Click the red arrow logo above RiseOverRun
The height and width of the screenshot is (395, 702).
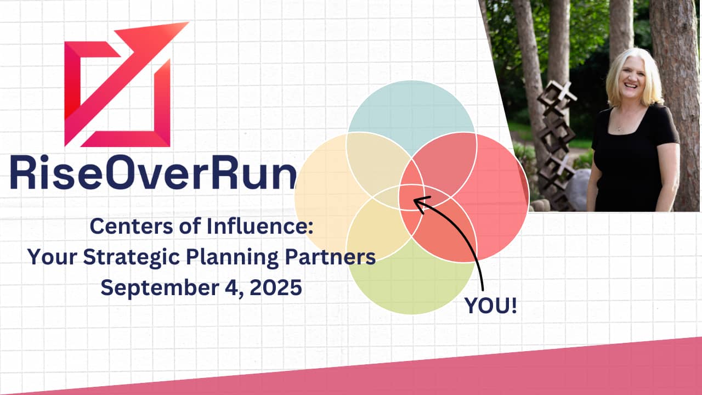tap(117, 84)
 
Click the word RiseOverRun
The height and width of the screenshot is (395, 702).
tap(153, 172)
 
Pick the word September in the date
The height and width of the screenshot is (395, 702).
tap(159, 288)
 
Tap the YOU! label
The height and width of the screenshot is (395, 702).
tap(490, 306)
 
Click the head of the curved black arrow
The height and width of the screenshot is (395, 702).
tap(420, 202)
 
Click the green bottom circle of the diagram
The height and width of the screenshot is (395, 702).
tap(411, 282)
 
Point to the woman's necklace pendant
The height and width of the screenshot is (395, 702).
tap(619, 128)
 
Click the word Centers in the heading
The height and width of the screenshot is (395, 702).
tap(131, 227)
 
